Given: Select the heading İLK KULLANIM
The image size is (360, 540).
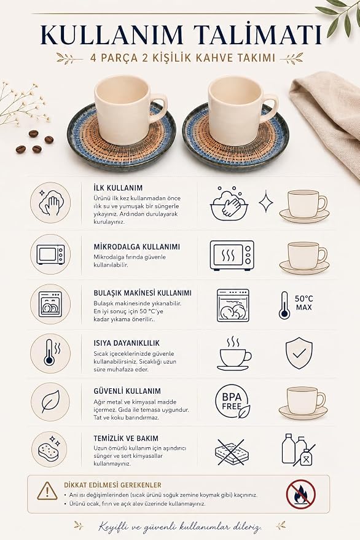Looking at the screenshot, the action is pos(118,188).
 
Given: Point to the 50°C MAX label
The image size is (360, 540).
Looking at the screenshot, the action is pos(304,303).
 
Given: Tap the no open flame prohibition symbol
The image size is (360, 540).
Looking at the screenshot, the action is pos(301,494).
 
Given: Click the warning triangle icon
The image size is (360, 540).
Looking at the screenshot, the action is pos(47,491).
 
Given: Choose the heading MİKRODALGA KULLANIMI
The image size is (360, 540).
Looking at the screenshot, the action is pos(137,247).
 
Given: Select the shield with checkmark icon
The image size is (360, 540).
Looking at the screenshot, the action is pos(299,353).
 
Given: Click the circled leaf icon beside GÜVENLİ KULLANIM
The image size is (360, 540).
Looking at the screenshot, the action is pos(50,402).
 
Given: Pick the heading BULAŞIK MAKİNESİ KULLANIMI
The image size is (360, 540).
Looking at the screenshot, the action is pos(143,293).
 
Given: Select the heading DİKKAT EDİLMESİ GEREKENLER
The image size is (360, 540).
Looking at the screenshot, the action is pos(112,485).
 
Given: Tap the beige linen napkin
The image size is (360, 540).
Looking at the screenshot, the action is pos(331,117).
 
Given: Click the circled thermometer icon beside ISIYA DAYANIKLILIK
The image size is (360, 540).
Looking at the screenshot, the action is pos(50,353).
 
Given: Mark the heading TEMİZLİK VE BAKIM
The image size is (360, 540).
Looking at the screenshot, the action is pos(126,439).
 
